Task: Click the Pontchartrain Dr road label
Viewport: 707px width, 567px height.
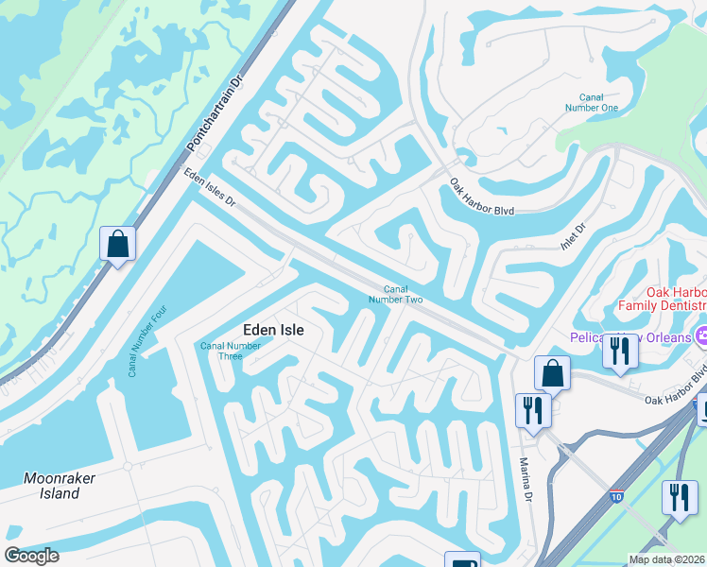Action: tap(216, 112)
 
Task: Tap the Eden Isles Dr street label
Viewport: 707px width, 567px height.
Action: tap(209, 188)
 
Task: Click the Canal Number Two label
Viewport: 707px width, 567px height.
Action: tap(402, 294)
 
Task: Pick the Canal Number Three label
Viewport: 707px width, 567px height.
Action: tap(231, 351)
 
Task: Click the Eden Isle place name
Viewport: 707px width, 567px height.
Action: tap(273, 329)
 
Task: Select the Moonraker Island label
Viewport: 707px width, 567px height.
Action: tap(60, 486)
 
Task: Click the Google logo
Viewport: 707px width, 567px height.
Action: tap(31, 556)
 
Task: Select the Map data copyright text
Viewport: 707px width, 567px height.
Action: tap(667, 559)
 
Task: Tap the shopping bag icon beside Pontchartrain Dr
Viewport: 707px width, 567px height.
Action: tap(117, 244)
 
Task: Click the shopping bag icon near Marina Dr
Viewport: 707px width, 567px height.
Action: tap(552, 372)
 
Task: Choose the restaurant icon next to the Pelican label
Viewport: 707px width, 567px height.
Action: tap(620, 351)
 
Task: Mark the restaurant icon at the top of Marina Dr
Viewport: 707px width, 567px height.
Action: tap(533, 410)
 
